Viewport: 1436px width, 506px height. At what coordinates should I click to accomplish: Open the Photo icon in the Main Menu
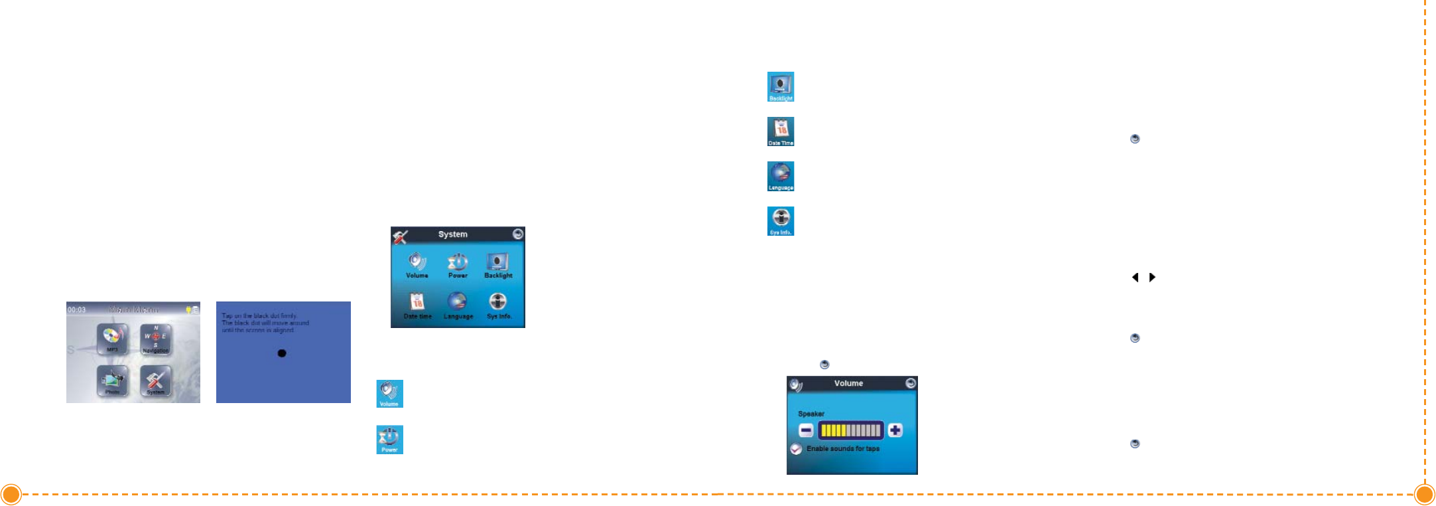point(112,380)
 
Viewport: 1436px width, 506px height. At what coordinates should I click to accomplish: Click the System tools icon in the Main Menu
point(155,380)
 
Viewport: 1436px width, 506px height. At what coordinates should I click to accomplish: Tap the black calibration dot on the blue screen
point(282,353)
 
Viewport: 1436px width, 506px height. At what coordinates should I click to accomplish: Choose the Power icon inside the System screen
point(458,264)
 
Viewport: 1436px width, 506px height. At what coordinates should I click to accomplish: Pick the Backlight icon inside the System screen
point(498,264)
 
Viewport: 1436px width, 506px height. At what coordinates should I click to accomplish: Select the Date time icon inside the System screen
point(417,304)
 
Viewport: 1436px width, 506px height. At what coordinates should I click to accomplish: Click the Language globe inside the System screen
point(458,304)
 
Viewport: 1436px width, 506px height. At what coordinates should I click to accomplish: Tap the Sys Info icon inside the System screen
point(498,304)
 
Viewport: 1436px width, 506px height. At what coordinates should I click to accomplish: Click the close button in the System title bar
point(518,234)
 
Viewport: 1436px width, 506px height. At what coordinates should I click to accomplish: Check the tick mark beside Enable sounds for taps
point(797,449)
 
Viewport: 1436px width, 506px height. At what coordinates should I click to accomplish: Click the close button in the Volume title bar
point(911,383)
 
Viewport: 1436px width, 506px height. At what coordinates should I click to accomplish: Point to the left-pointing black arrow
point(1135,278)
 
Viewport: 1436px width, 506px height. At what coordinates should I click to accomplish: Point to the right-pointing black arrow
point(1153,278)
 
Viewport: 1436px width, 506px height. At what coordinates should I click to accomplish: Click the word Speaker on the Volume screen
point(811,414)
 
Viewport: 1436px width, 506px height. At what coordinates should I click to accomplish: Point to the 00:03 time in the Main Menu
point(76,309)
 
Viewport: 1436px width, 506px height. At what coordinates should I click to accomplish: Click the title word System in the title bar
point(453,234)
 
